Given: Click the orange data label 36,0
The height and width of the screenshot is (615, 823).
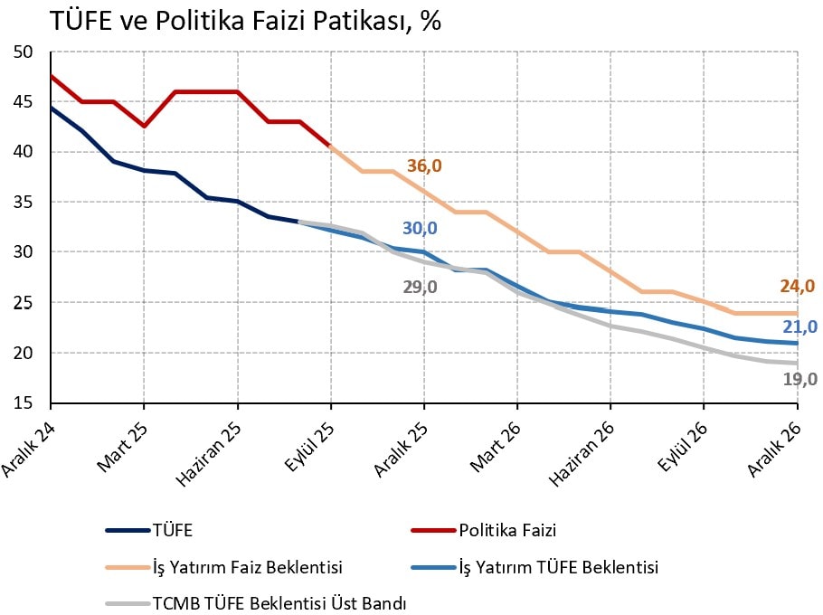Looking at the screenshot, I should click(424, 166).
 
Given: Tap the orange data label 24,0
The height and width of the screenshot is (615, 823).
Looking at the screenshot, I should click(798, 287).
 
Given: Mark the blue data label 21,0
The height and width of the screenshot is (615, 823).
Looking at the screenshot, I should click(800, 326).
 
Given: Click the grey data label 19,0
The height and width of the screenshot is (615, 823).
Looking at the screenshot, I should click(800, 380).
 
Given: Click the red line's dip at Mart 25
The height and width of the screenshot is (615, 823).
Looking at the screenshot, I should click(144, 126).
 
